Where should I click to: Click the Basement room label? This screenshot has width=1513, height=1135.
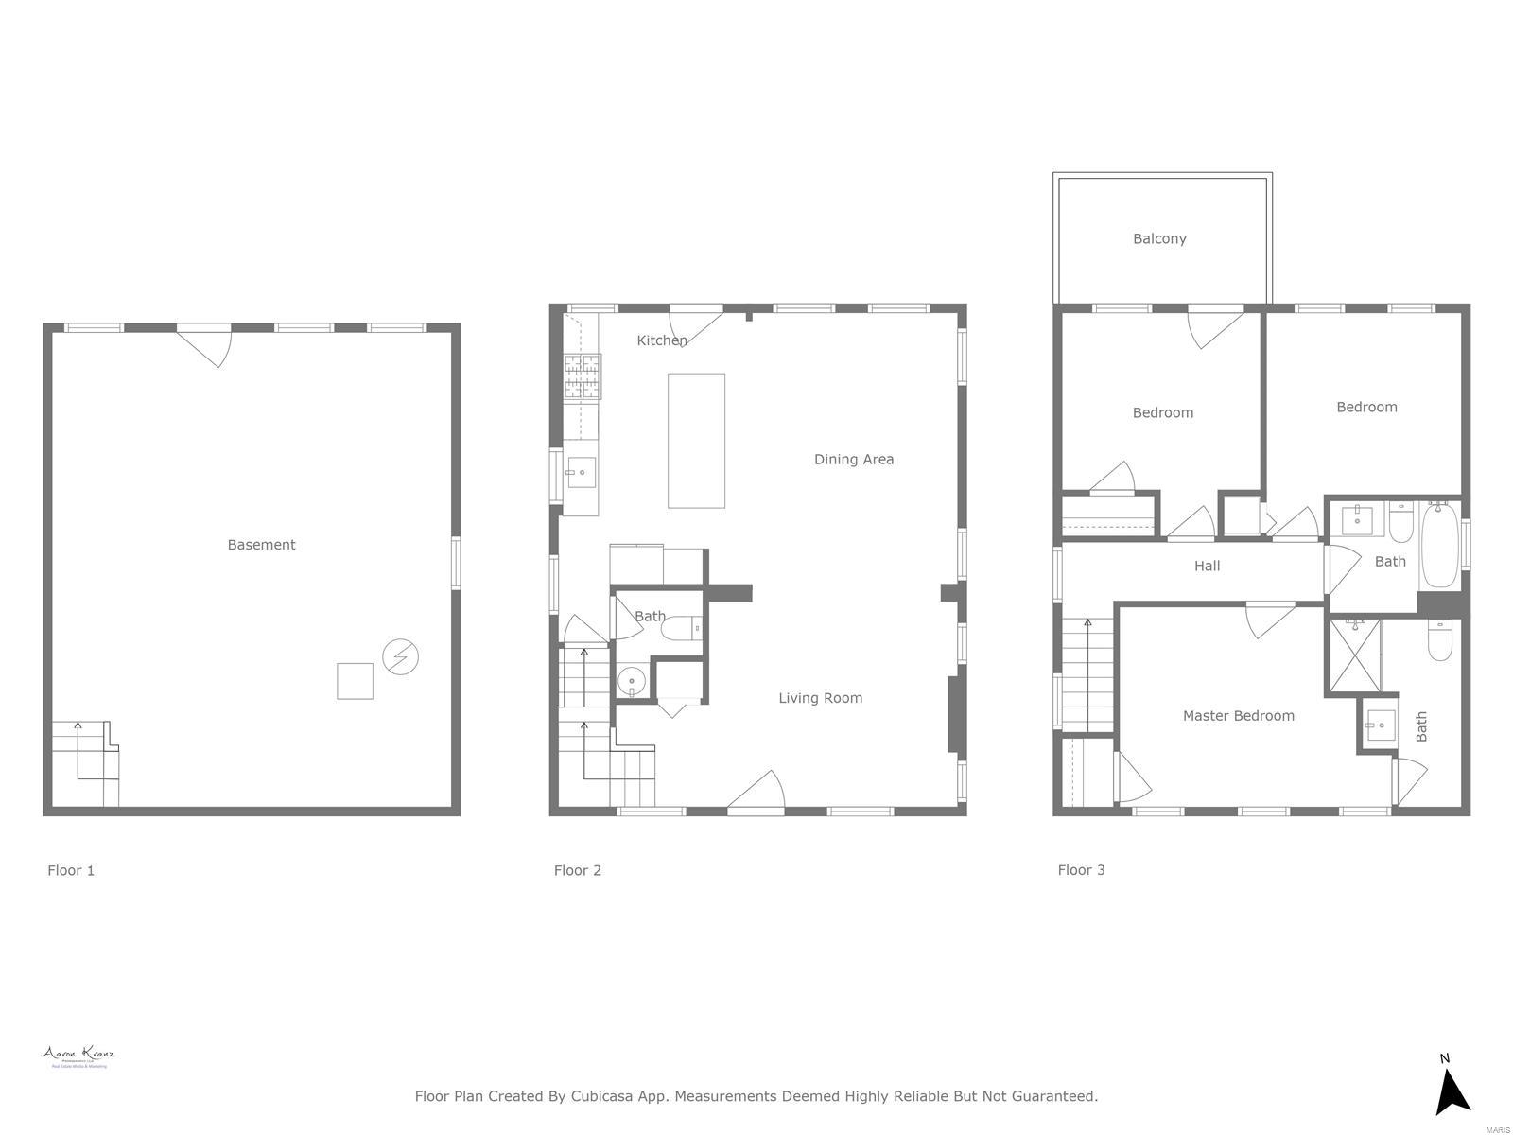pos(261,545)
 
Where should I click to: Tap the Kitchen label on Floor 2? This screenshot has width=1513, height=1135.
pos(661,340)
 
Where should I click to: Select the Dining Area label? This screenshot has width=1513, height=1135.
pos(853,460)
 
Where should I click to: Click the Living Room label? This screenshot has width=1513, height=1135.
pos(820,698)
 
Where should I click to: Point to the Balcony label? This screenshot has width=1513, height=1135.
pos(1159,238)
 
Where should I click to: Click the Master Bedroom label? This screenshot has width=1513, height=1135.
pos(1238,716)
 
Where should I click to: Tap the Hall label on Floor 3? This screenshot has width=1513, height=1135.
pos(1207,567)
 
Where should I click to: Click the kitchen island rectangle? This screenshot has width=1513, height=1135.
pos(696,441)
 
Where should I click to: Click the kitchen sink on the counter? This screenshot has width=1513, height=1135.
pos(581,472)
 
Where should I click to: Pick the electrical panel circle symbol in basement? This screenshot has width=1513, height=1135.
pos(400,656)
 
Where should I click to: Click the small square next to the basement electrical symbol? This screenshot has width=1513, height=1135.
pos(355,681)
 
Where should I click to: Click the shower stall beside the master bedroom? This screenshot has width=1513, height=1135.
pos(1355,655)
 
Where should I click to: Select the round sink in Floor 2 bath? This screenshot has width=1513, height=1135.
pos(631,680)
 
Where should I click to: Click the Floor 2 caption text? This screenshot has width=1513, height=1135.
pos(577,870)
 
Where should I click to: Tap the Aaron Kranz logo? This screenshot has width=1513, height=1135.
pos(78,1056)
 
